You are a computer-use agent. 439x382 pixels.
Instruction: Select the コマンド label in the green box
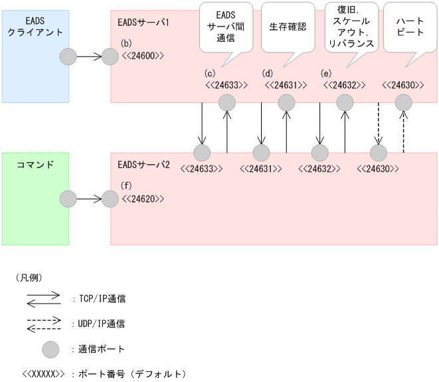tap(26, 163)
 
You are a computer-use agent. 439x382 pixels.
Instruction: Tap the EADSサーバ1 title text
tap(143, 23)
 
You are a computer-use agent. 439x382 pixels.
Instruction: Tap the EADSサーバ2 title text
tap(143, 164)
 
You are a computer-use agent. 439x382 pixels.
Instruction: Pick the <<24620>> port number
tap(142, 199)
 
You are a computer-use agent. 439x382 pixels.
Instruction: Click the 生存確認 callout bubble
tap(288, 27)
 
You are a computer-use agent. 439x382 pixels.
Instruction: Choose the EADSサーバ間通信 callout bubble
tap(225, 27)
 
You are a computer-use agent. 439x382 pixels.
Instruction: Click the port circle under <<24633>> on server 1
tap(227, 102)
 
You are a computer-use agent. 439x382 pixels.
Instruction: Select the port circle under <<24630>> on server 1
tap(404, 102)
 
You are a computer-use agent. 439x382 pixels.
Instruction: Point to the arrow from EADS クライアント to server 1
tap(89, 57)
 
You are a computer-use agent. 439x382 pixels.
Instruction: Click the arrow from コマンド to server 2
tap(89, 199)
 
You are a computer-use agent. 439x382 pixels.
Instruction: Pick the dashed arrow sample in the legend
tap(44, 324)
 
